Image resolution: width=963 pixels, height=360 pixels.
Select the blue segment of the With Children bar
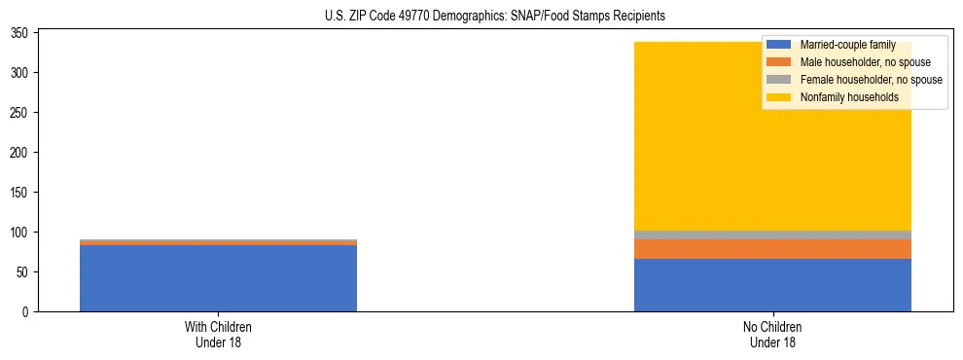[218, 278]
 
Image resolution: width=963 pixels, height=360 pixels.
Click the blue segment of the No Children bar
[772, 285]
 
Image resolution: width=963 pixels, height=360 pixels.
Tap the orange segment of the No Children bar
[772, 249]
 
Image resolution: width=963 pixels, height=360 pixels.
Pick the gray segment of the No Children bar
[772, 234]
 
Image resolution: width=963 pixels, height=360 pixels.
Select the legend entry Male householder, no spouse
[851, 62]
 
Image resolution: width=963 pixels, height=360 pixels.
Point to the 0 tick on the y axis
[27, 312]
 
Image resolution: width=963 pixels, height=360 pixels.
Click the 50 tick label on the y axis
[24, 272]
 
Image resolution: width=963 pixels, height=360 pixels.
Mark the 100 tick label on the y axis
[21, 233]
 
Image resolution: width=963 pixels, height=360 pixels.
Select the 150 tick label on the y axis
[21, 193]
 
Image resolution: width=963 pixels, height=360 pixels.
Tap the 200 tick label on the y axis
[21, 153]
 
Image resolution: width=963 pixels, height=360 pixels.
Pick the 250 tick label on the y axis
[21, 113]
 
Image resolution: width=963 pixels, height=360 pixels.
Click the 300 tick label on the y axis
[21, 73]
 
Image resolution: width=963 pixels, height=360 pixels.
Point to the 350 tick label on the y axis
[21, 33]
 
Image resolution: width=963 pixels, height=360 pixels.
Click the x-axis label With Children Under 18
[218, 335]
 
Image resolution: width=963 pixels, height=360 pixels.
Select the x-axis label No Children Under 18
[772, 335]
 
